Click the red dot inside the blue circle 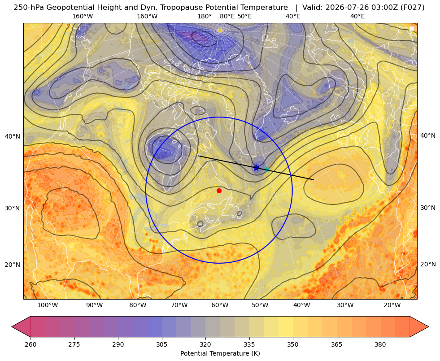(x=219, y=191)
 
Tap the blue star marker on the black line (x=256, y=168)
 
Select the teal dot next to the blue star (x=266, y=170)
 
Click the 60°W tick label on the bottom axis (x=220, y=305)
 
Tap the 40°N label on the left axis (x=13, y=137)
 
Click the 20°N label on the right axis (x=428, y=264)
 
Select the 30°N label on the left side (x=13, y=209)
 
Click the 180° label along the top (x=205, y=16)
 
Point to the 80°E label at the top (x=227, y=16)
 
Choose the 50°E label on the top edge (x=244, y=16)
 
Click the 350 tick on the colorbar (x=293, y=344)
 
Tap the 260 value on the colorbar (x=30, y=344)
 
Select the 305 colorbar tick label (x=162, y=344)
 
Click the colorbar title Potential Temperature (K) (x=220, y=353)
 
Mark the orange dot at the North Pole (x=220, y=30)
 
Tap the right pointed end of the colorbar (x=428, y=326)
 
